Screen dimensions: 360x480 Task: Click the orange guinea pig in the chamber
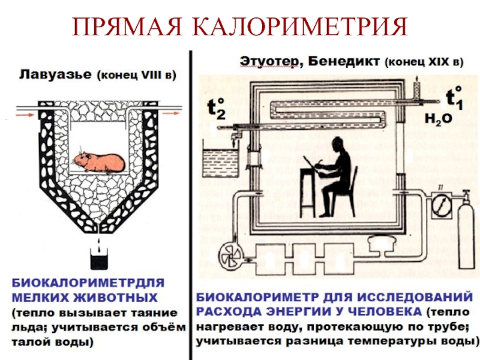[99, 161]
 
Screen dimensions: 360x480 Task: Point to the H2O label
[438, 119]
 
